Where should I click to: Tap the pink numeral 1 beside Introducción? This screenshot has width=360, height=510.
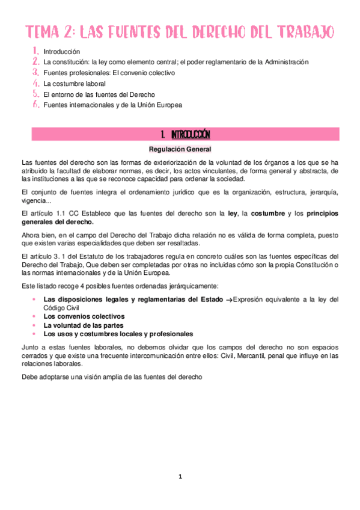click(x=35, y=52)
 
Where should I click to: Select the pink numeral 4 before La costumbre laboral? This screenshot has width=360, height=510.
click(x=36, y=83)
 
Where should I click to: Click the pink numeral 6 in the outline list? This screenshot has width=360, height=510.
click(x=36, y=105)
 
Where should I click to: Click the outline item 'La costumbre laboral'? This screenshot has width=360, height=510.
click(x=74, y=84)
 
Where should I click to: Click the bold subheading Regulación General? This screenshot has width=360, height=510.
click(x=180, y=149)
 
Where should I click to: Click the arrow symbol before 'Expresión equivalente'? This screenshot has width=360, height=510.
click(x=228, y=300)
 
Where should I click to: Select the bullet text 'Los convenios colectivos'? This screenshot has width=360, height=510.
click(x=84, y=316)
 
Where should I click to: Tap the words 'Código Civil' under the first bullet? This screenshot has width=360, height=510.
click(x=63, y=307)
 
